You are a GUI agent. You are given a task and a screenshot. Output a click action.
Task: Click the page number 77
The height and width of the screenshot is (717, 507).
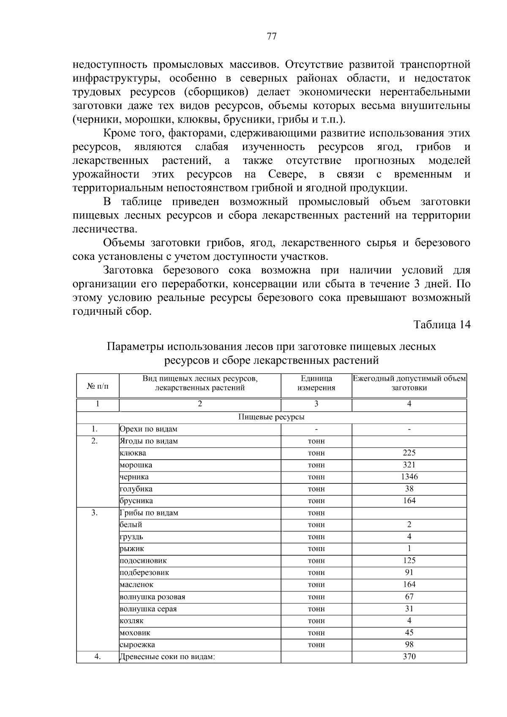click(x=272, y=36)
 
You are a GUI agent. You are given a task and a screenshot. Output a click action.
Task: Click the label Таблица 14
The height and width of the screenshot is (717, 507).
click(x=442, y=324)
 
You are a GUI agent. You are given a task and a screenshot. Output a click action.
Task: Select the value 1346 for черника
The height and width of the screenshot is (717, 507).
click(x=409, y=477)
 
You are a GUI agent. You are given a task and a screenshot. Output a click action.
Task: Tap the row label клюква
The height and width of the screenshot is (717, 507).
click(x=133, y=453)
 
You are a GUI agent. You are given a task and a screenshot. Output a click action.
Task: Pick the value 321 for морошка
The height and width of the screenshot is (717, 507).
click(x=409, y=465)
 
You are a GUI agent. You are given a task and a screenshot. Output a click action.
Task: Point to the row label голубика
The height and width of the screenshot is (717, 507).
click(x=136, y=489)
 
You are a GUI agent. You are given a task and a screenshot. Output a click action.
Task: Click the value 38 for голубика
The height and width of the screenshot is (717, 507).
click(x=409, y=489)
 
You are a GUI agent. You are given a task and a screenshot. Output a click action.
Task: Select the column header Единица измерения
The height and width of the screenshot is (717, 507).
click(x=316, y=383)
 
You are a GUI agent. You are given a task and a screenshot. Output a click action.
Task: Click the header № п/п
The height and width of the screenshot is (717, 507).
click(x=98, y=386)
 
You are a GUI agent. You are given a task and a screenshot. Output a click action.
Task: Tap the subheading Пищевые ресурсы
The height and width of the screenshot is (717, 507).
click(x=271, y=417)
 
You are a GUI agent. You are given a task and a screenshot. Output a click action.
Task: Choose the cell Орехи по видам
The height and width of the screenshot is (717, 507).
click(x=148, y=429)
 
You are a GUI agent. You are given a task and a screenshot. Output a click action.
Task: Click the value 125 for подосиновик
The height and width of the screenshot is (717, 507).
click(x=409, y=560)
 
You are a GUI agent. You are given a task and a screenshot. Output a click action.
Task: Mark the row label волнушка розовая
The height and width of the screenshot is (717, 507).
click(x=153, y=597)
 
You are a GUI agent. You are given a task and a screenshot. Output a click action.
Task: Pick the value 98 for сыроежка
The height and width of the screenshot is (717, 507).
click(x=409, y=644)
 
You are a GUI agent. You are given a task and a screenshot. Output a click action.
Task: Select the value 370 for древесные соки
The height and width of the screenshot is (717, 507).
click(x=409, y=657)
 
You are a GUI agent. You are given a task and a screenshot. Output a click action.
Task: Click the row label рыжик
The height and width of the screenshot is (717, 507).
click(x=132, y=549)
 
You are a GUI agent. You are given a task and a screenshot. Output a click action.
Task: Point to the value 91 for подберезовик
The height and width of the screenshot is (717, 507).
click(x=409, y=573)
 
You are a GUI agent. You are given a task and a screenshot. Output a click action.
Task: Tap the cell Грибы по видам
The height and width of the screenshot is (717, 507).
click(x=149, y=513)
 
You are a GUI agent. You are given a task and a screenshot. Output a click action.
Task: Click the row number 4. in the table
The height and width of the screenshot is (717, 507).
click(x=98, y=657)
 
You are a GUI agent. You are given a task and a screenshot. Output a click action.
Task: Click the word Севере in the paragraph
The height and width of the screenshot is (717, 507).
click(x=287, y=174)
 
